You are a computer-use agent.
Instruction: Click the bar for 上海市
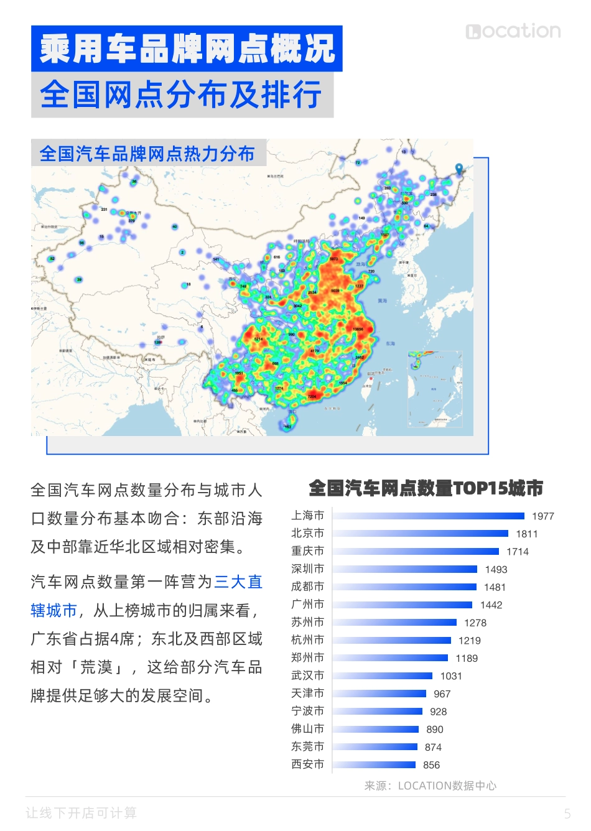(x=429, y=516)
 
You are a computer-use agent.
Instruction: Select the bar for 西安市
(x=375, y=764)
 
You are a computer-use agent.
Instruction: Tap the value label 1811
(x=526, y=534)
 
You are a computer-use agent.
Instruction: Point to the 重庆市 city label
(x=307, y=551)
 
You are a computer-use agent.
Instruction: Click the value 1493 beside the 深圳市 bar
(x=496, y=569)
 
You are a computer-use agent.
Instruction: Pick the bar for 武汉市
(x=383, y=675)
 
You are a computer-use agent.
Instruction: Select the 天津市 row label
(x=307, y=694)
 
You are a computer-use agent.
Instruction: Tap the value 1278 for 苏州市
(x=475, y=623)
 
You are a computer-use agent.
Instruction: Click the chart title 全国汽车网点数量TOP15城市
(x=426, y=488)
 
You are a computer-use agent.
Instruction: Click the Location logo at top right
(x=513, y=31)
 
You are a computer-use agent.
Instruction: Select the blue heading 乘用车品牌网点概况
(x=187, y=49)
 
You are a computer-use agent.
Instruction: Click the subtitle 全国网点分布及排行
(x=182, y=95)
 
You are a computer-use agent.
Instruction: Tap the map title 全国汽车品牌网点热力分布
(x=147, y=153)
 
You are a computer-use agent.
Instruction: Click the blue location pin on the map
(x=459, y=169)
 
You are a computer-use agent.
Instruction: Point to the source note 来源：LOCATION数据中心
(x=430, y=786)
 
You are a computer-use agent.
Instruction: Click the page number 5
(x=567, y=813)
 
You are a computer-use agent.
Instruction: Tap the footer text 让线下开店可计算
(x=81, y=813)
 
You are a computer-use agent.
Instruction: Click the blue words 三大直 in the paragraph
(x=238, y=582)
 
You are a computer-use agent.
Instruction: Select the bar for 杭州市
(x=392, y=640)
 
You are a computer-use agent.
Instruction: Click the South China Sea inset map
(x=435, y=389)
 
